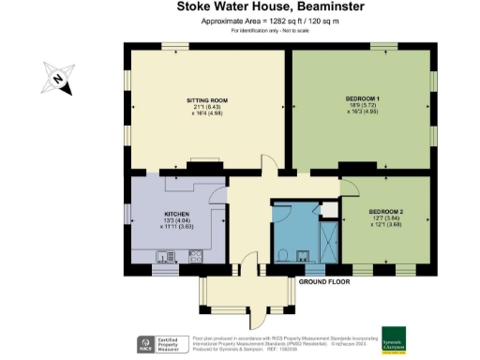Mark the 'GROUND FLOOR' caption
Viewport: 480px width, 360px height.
pyautogui.click(x=325, y=281)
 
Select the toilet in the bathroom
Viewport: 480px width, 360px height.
pyautogui.click(x=283, y=254)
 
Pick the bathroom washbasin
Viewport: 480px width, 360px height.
pyautogui.click(x=303, y=256)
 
